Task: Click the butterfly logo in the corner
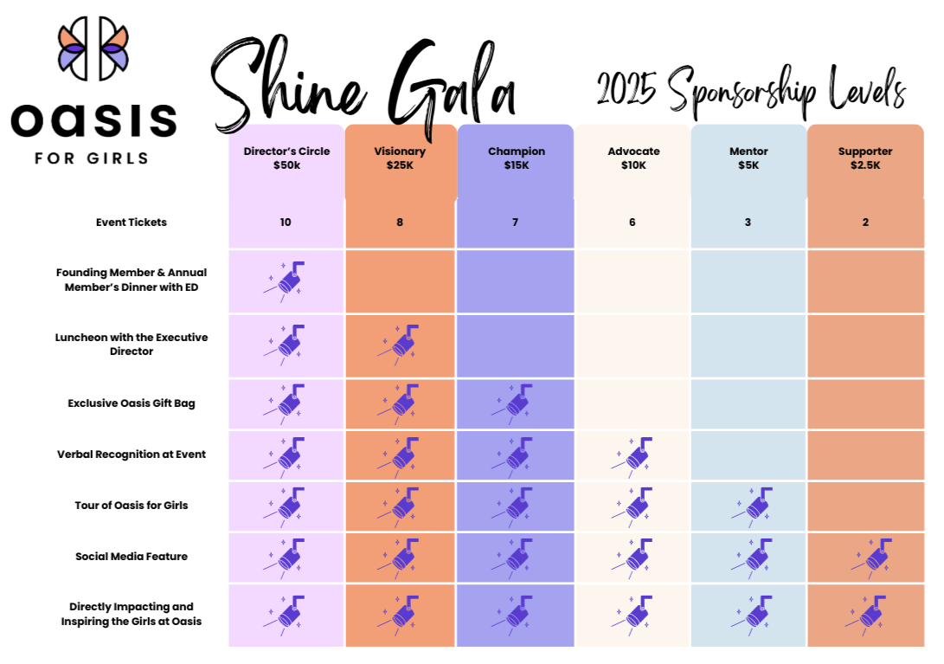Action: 93,48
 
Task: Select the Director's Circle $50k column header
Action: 286,158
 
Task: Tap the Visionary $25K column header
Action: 400,158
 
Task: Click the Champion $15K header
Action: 516,158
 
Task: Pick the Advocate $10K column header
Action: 633,158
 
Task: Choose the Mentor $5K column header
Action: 748,158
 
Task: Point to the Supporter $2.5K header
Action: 865,158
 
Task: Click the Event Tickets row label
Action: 132,222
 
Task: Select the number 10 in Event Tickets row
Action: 286,222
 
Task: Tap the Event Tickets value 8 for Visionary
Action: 400,222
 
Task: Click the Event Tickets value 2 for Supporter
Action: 865,222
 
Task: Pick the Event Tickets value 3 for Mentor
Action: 748,222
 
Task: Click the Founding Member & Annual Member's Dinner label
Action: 132,280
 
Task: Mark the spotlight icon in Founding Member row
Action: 286,280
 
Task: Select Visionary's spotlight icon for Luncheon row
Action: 399,345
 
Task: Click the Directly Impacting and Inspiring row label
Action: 132,614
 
